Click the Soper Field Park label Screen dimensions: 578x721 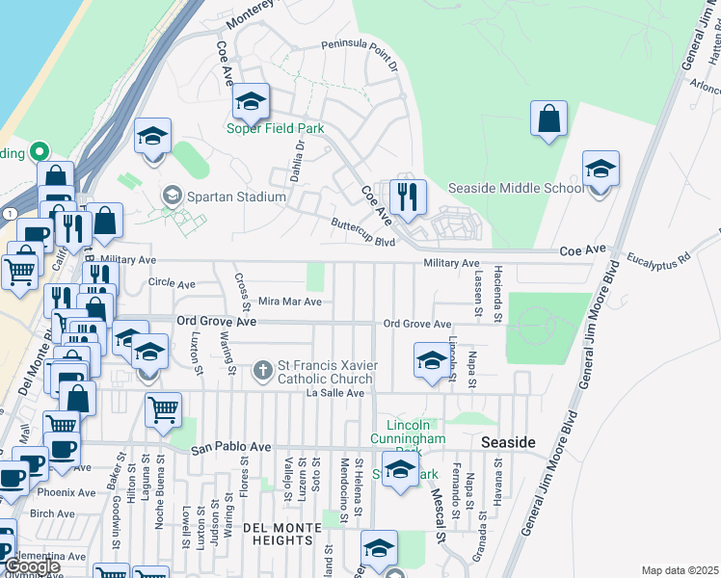pos(275,128)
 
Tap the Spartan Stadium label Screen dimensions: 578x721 pos(236,197)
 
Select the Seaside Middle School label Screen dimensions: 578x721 pos(516,188)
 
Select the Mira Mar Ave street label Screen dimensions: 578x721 pos(289,302)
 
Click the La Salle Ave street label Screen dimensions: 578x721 pos(334,393)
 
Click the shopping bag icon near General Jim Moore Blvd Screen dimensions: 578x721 pos(548,119)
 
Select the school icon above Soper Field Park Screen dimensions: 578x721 pos(251,101)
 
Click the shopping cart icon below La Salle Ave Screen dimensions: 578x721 pos(163,409)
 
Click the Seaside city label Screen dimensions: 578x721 pos(508,441)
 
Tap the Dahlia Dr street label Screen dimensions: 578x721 pos(300,162)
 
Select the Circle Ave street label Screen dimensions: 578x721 pos(172,284)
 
